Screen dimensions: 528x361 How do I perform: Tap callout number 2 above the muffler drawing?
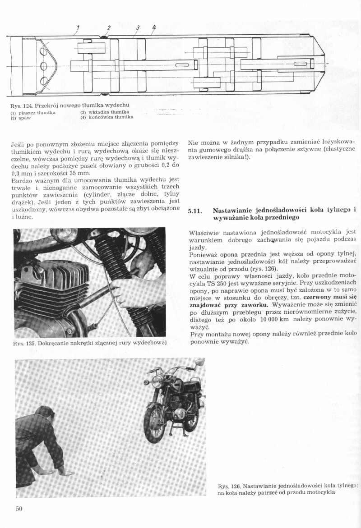point(109,28)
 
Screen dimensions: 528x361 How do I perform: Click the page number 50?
point(19,509)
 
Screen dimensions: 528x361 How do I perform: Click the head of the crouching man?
point(45,413)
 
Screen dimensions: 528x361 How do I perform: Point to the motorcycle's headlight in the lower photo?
point(157,381)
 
